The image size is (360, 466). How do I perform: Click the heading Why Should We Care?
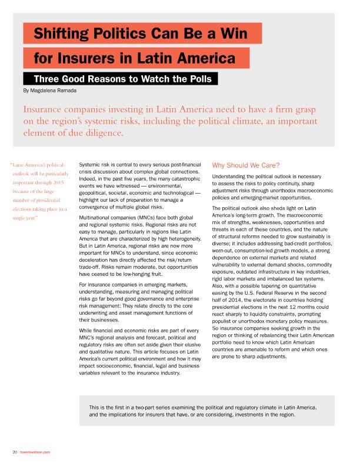pos(246,165)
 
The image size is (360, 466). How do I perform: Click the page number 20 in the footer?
pos(14,452)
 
